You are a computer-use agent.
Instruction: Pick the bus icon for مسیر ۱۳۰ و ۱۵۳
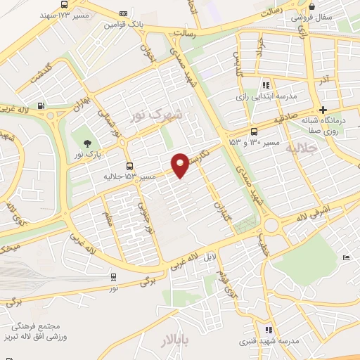(254, 130)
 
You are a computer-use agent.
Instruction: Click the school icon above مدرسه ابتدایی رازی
(266, 84)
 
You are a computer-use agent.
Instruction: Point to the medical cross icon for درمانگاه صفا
(323, 109)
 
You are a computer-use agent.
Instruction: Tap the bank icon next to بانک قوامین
(124, 13)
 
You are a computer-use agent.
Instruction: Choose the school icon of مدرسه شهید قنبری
(268, 329)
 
